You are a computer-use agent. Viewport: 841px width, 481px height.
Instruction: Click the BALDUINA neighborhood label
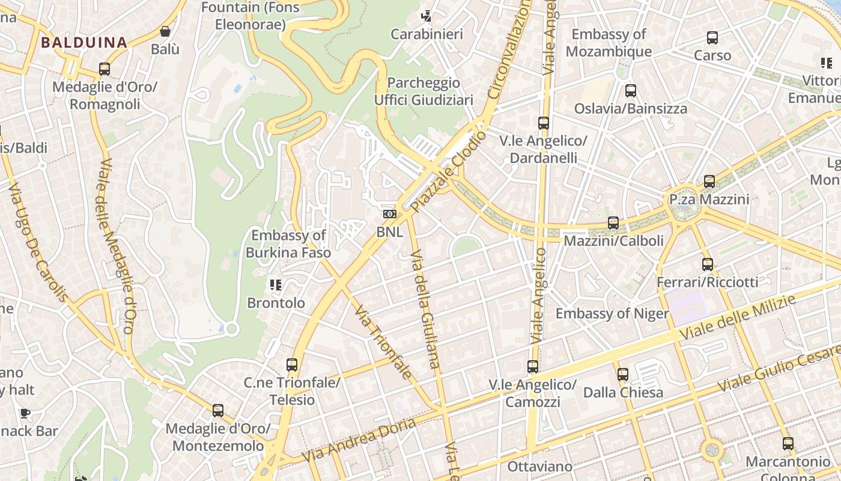[83, 43]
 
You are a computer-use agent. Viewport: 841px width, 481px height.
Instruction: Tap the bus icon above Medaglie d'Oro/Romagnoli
[105, 69]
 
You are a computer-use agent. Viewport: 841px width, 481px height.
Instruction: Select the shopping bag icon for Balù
[165, 31]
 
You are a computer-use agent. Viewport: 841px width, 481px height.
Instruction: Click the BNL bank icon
[389, 214]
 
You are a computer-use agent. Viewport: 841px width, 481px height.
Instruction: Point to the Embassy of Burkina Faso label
[288, 244]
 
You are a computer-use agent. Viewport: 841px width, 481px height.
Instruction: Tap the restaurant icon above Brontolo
[276, 284]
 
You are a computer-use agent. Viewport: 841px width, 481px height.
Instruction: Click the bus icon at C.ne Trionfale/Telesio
[292, 364]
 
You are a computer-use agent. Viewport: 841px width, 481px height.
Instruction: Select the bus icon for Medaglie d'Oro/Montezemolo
[218, 411]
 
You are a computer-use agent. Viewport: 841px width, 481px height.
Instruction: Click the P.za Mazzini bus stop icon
[709, 181]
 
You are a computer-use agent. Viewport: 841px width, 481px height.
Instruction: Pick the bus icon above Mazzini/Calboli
[613, 222]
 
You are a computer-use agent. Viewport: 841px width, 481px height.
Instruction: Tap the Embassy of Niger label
[612, 313]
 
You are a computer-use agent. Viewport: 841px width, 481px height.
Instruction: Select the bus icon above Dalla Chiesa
[623, 374]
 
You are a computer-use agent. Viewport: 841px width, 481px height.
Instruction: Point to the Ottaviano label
[540, 467]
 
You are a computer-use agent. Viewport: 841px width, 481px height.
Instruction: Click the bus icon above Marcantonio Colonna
[788, 444]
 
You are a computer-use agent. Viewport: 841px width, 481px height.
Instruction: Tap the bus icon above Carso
[712, 38]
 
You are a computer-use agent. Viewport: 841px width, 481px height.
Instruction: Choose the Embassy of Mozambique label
[609, 43]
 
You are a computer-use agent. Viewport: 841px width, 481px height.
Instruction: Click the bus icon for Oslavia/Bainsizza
[631, 91]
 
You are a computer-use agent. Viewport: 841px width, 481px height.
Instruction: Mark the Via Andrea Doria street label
[359, 441]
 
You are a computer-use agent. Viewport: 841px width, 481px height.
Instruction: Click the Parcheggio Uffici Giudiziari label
[424, 91]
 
